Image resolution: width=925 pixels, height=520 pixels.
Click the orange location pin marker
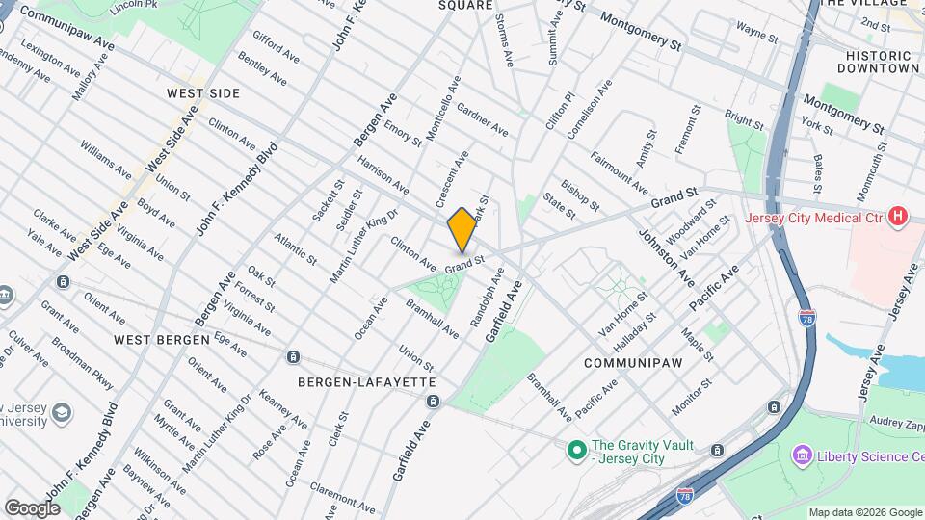(462, 228)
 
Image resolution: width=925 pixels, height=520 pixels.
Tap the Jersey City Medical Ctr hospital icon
(898, 217)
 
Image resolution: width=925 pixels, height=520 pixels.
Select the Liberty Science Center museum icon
(801, 455)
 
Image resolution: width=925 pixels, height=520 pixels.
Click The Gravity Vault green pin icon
(576, 450)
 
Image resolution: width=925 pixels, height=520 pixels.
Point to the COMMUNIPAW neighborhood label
(627, 362)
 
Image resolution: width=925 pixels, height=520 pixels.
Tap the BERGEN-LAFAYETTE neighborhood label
(354, 382)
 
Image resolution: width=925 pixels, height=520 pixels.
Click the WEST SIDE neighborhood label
(202, 93)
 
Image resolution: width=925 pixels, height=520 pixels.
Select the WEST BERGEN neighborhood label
(161, 340)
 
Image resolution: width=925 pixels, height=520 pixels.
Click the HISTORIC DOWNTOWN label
(878, 62)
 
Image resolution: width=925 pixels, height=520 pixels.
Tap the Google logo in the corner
(32, 507)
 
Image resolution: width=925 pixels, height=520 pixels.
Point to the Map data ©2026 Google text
(864, 512)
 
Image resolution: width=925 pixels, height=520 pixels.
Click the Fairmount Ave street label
(620, 170)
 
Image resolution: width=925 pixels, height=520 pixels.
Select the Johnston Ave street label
(665, 256)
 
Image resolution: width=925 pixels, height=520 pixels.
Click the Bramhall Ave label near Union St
(433, 318)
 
